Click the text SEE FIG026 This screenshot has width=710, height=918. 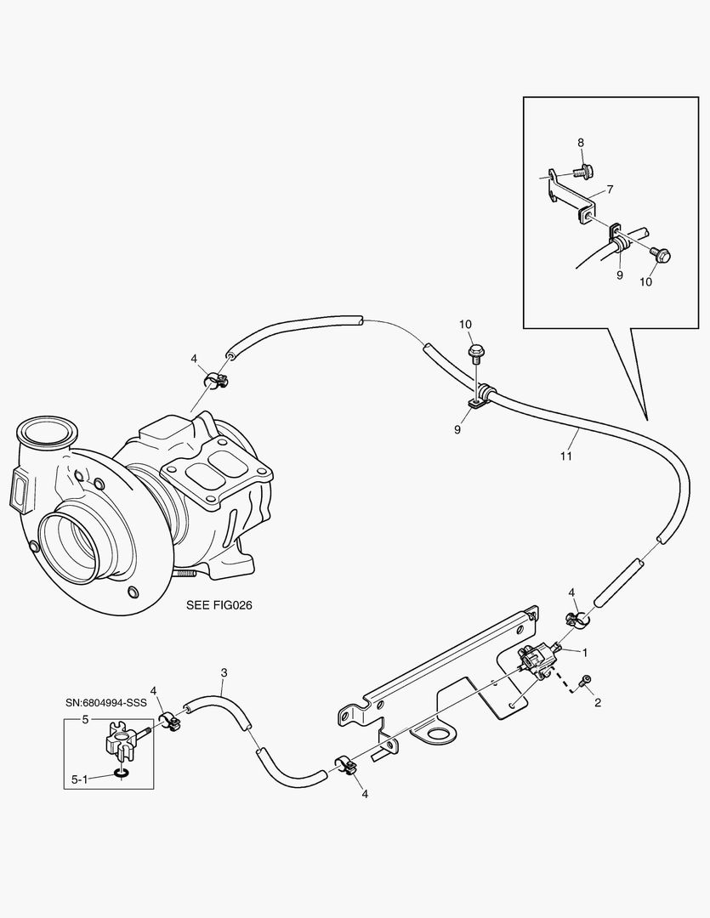(x=220, y=606)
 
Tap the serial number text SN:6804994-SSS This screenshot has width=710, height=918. (x=106, y=704)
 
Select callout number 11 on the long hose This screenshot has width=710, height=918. (x=566, y=456)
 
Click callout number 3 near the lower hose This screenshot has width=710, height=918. (x=224, y=672)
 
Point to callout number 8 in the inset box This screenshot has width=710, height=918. (x=582, y=143)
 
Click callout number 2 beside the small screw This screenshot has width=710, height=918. (x=598, y=702)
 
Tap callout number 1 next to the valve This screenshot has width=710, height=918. (x=585, y=651)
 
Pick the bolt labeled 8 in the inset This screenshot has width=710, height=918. (x=581, y=173)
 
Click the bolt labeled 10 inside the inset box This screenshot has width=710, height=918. (x=662, y=253)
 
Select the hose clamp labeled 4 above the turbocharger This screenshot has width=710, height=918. (x=216, y=380)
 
